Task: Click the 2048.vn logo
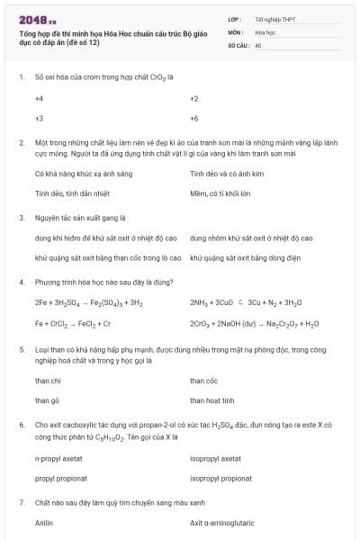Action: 37,19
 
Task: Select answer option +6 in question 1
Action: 194,118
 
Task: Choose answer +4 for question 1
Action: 39,98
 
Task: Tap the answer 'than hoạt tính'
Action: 212,400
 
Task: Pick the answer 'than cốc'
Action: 204,380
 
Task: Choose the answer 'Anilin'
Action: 44,522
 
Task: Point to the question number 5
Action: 22,348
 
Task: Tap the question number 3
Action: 22,217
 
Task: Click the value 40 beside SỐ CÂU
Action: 258,44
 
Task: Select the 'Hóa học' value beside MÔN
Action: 265,31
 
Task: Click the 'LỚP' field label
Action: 235,18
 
